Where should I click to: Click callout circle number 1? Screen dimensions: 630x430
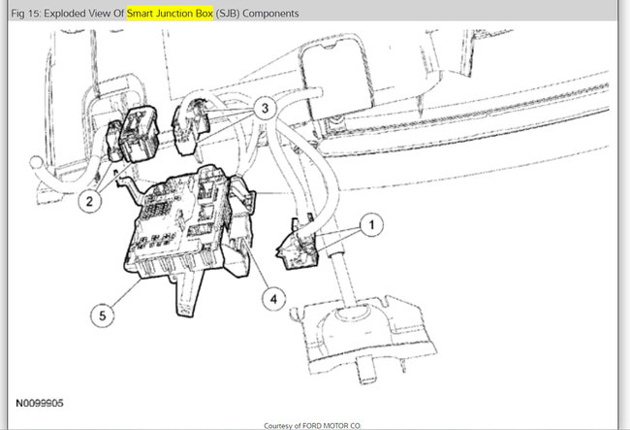tap(371, 225)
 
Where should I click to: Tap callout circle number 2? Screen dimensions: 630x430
tap(89, 201)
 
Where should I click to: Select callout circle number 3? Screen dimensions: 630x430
tap(265, 108)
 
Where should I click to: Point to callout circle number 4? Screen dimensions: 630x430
tap(273, 299)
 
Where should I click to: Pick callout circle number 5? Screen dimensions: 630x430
tap(103, 315)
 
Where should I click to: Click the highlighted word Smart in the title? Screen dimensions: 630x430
tap(140, 14)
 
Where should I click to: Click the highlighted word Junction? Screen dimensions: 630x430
tap(174, 14)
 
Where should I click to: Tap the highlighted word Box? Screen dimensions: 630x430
tap(205, 14)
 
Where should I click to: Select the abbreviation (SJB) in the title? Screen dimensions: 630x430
tap(228, 14)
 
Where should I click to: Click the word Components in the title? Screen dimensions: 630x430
tap(270, 14)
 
